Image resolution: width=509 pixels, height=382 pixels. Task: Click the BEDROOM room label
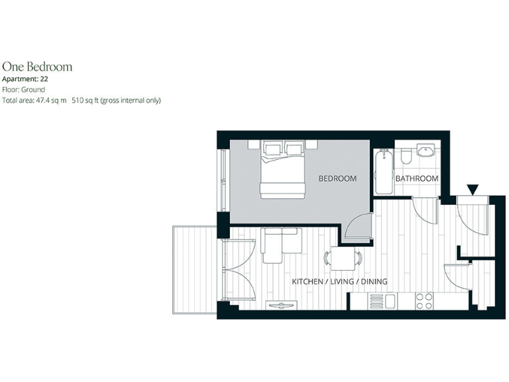pos(337,178)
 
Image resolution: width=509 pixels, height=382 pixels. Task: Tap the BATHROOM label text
pos(417,179)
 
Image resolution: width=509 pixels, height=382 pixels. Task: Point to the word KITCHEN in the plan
pos(308,282)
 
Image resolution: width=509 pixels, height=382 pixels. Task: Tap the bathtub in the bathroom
pos(382,172)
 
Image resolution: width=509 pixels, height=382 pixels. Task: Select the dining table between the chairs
pos(343,258)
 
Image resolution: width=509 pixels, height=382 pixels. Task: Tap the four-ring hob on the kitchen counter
pos(424,301)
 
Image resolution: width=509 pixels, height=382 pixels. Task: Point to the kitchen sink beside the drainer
pos(390,301)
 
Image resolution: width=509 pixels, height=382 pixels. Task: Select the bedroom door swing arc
pos(359,227)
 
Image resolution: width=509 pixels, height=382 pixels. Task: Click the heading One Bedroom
pos(37,66)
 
